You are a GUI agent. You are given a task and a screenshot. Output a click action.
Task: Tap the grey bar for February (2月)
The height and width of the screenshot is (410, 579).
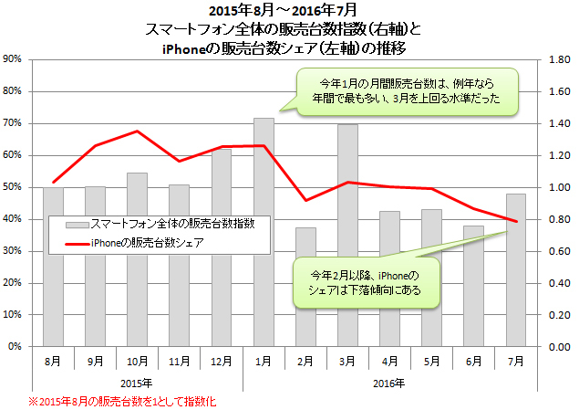coord(305,301)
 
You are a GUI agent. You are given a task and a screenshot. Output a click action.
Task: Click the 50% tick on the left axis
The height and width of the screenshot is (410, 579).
coord(14,187)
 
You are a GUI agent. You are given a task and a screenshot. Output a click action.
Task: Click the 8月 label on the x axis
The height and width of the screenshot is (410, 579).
coord(53,361)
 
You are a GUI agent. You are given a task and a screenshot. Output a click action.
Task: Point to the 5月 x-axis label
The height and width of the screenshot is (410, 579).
coord(431,361)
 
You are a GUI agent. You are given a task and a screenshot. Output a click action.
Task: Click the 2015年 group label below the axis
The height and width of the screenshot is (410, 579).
coord(137,382)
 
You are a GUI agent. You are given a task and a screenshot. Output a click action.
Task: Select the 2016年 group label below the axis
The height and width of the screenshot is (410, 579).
coord(389,382)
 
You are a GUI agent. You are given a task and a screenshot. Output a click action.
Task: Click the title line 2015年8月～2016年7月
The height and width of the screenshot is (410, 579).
coord(290,11)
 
